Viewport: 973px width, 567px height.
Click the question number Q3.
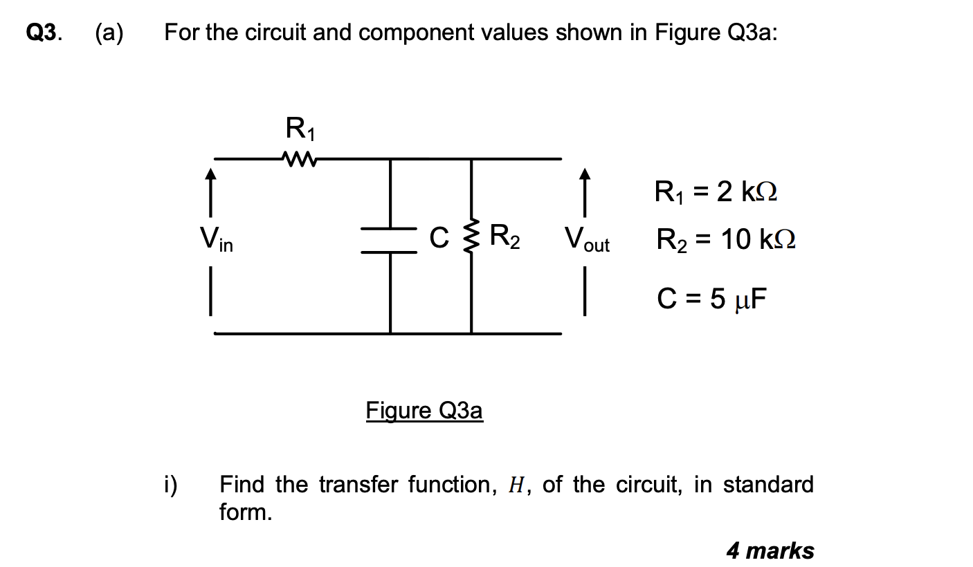click(43, 33)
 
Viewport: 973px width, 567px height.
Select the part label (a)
click(109, 33)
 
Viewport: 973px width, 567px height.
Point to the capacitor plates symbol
click(390, 241)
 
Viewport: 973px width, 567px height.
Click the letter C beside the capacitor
click(438, 238)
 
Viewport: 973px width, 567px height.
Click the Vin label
click(216, 239)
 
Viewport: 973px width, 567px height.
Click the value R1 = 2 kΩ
click(716, 192)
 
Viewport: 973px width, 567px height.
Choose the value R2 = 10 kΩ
click(726, 240)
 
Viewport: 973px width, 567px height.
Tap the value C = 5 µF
click(712, 299)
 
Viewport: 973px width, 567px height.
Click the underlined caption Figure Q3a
click(424, 411)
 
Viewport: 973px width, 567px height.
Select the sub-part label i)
click(170, 484)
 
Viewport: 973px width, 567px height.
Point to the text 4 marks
click(770, 550)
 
